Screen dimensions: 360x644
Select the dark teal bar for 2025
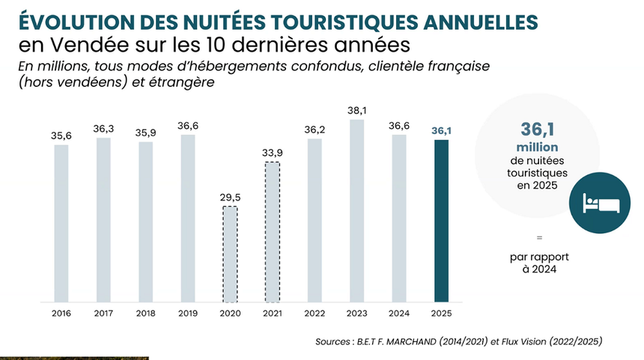tap(441, 221)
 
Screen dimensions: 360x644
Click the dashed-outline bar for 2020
tap(230, 254)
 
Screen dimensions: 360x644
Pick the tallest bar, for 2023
tap(357, 210)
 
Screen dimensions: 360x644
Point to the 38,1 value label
tap(357, 111)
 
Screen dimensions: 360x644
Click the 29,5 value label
tap(230, 198)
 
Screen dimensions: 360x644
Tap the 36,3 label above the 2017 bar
tap(103, 129)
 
